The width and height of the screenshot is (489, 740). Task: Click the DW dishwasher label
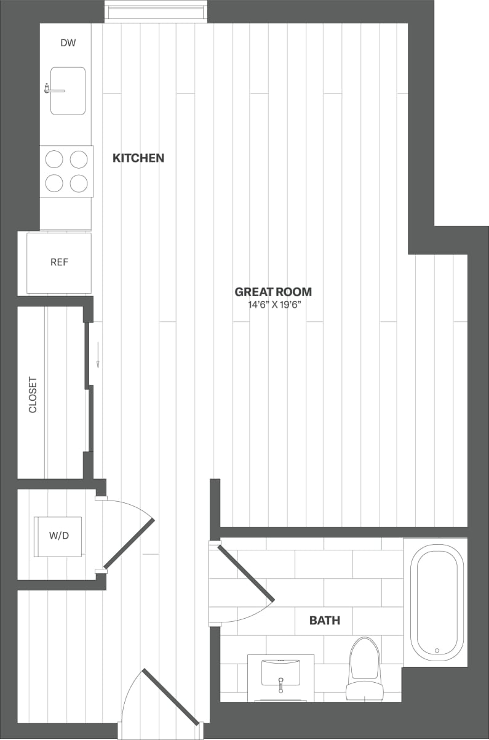(68, 43)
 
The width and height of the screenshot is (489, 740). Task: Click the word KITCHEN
(138, 158)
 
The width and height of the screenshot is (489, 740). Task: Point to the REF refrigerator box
(59, 262)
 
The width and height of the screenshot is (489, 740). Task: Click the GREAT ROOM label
(273, 292)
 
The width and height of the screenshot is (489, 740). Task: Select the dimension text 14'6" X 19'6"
(273, 305)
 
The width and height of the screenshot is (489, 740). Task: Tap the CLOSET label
(33, 395)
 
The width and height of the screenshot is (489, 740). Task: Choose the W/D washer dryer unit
(58, 536)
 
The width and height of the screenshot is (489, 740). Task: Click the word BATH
(325, 621)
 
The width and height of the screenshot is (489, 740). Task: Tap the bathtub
(437, 601)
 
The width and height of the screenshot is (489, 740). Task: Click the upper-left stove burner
(55, 159)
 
